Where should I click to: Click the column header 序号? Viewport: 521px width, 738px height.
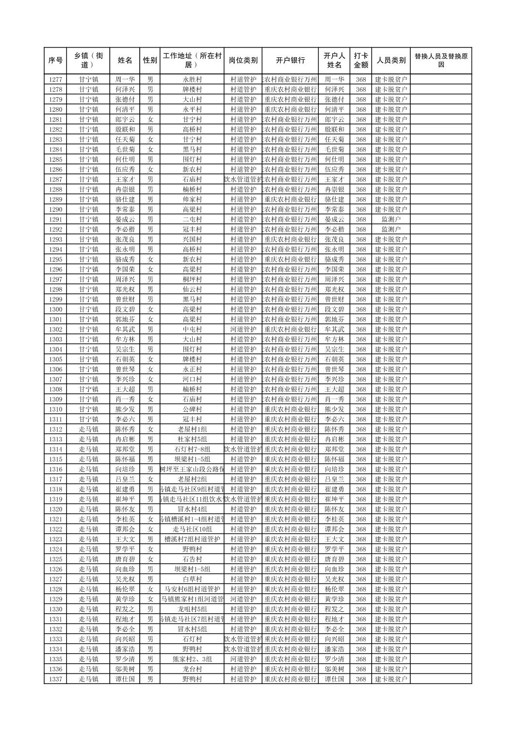coord(55,61)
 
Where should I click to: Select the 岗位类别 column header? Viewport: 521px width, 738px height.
coord(243,61)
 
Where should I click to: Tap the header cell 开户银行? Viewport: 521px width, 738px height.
coord(290,61)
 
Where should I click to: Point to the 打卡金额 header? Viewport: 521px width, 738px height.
coord(360,61)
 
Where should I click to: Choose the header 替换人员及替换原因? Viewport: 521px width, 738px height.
coord(440,61)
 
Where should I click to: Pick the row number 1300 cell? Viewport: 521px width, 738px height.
coord(55,309)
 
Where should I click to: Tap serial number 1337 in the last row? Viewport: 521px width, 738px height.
coord(55,679)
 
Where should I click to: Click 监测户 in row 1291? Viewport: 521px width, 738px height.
coord(391,219)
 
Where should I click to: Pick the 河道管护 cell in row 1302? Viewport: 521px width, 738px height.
coord(243,329)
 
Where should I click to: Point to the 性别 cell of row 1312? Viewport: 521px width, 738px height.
coord(150,429)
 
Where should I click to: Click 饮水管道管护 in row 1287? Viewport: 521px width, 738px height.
coord(243,180)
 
